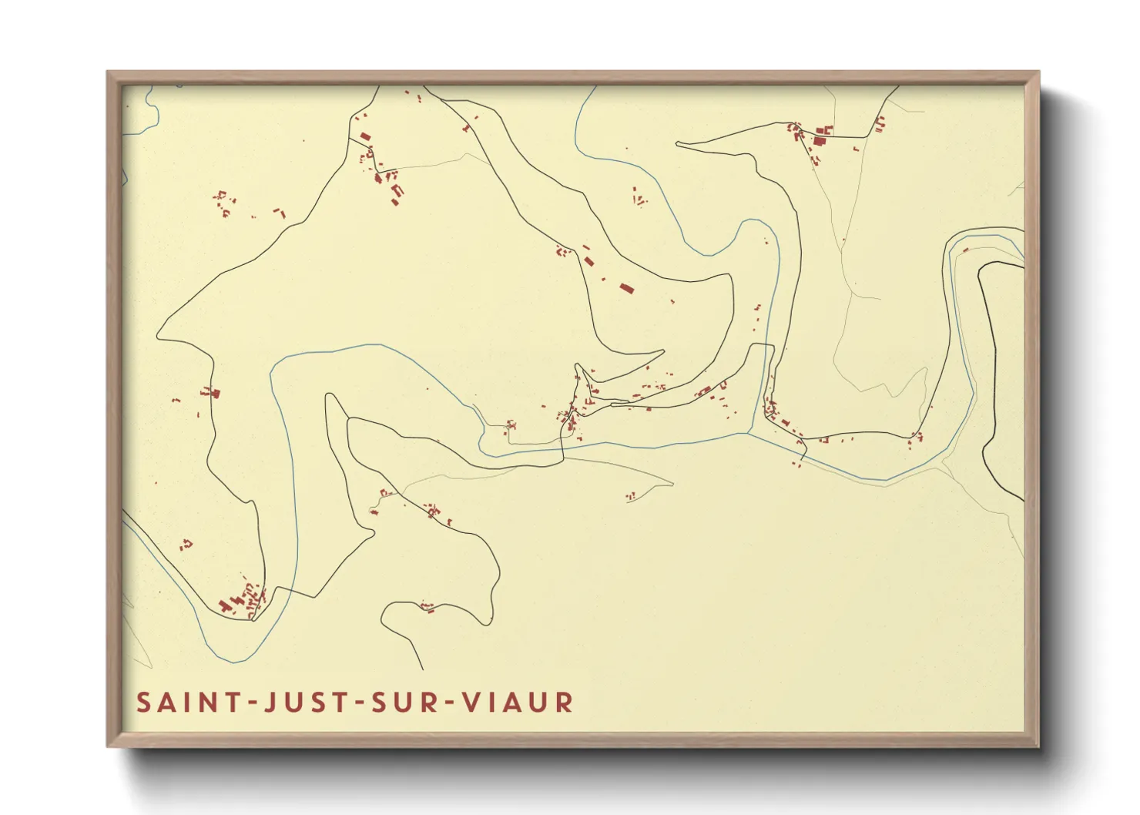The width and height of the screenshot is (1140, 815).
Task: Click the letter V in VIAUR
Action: coord(470,703)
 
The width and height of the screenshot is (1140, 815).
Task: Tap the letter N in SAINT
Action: coord(206,703)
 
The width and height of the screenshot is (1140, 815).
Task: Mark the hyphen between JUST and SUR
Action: coord(354,703)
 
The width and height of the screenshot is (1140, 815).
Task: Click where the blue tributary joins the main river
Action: coord(749,434)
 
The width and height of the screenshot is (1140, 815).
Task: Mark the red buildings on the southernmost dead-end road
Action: coord(427,608)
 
